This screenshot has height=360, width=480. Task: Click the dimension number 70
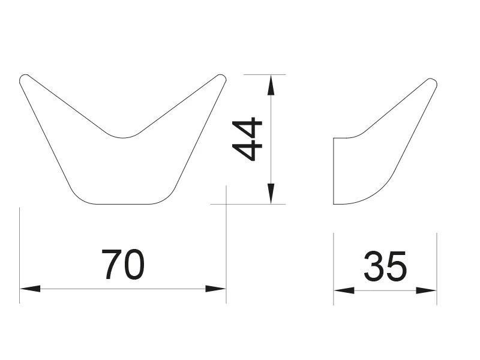click(123, 265)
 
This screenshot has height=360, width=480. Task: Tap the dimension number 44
click(247, 139)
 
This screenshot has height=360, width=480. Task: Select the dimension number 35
click(385, 266)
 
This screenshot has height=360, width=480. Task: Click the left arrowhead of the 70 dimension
click(30, 289)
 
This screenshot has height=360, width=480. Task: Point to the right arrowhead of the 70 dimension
click(216, 289)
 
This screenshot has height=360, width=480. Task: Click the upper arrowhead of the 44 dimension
click(271, 85)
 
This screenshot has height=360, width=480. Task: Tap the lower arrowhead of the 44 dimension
click(271, 193)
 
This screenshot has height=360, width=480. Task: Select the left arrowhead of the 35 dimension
click(344, 290)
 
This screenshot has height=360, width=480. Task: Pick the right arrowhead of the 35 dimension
click(426, 290)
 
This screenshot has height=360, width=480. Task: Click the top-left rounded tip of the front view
click(23, 78)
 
